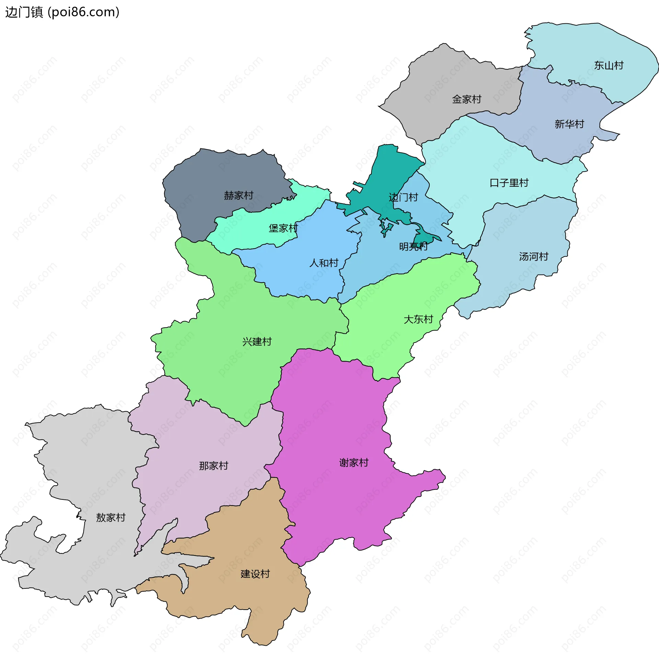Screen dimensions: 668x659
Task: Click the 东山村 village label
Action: click(x=609, y=65)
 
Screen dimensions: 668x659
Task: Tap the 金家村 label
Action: click(x=466, y=99)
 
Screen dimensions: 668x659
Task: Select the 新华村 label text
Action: click(x=569, y=124)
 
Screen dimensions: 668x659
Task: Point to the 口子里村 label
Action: click(x=509, y=183)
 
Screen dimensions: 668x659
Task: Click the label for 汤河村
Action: click(x=533, y=256)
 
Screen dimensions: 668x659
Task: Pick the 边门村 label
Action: click(x=403, y=197)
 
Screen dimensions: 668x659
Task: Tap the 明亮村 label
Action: click(x=413, y=246)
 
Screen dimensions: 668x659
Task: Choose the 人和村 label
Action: click(x=324, y=263)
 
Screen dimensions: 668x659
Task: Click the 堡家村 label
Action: click(x=283, y=228)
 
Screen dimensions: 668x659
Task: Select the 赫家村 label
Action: click(x=239, y=195)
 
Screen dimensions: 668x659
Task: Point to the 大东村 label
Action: click(x=418, y=319)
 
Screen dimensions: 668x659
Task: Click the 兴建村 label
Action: click(x=257, y=342)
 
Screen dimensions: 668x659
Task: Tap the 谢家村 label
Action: click(x=354, y=463)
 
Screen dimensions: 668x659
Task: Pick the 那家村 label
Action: click(x=213, y=466)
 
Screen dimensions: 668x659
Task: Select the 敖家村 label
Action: click(x=111, y=518)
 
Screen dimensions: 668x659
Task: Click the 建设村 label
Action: click(x=255, y=574)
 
